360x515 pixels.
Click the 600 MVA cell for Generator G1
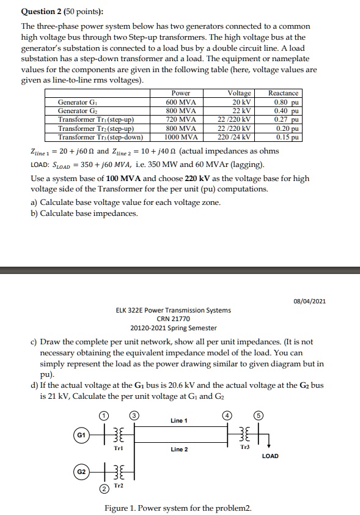(x=181, y=102)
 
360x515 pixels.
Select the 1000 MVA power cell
(x=181, y=137)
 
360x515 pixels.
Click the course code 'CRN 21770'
(x=173, y=319)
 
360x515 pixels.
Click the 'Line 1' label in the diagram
(x=179, y=421)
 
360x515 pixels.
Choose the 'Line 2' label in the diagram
(x=179, y=450)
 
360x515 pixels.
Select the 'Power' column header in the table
(x=181, y=94)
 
